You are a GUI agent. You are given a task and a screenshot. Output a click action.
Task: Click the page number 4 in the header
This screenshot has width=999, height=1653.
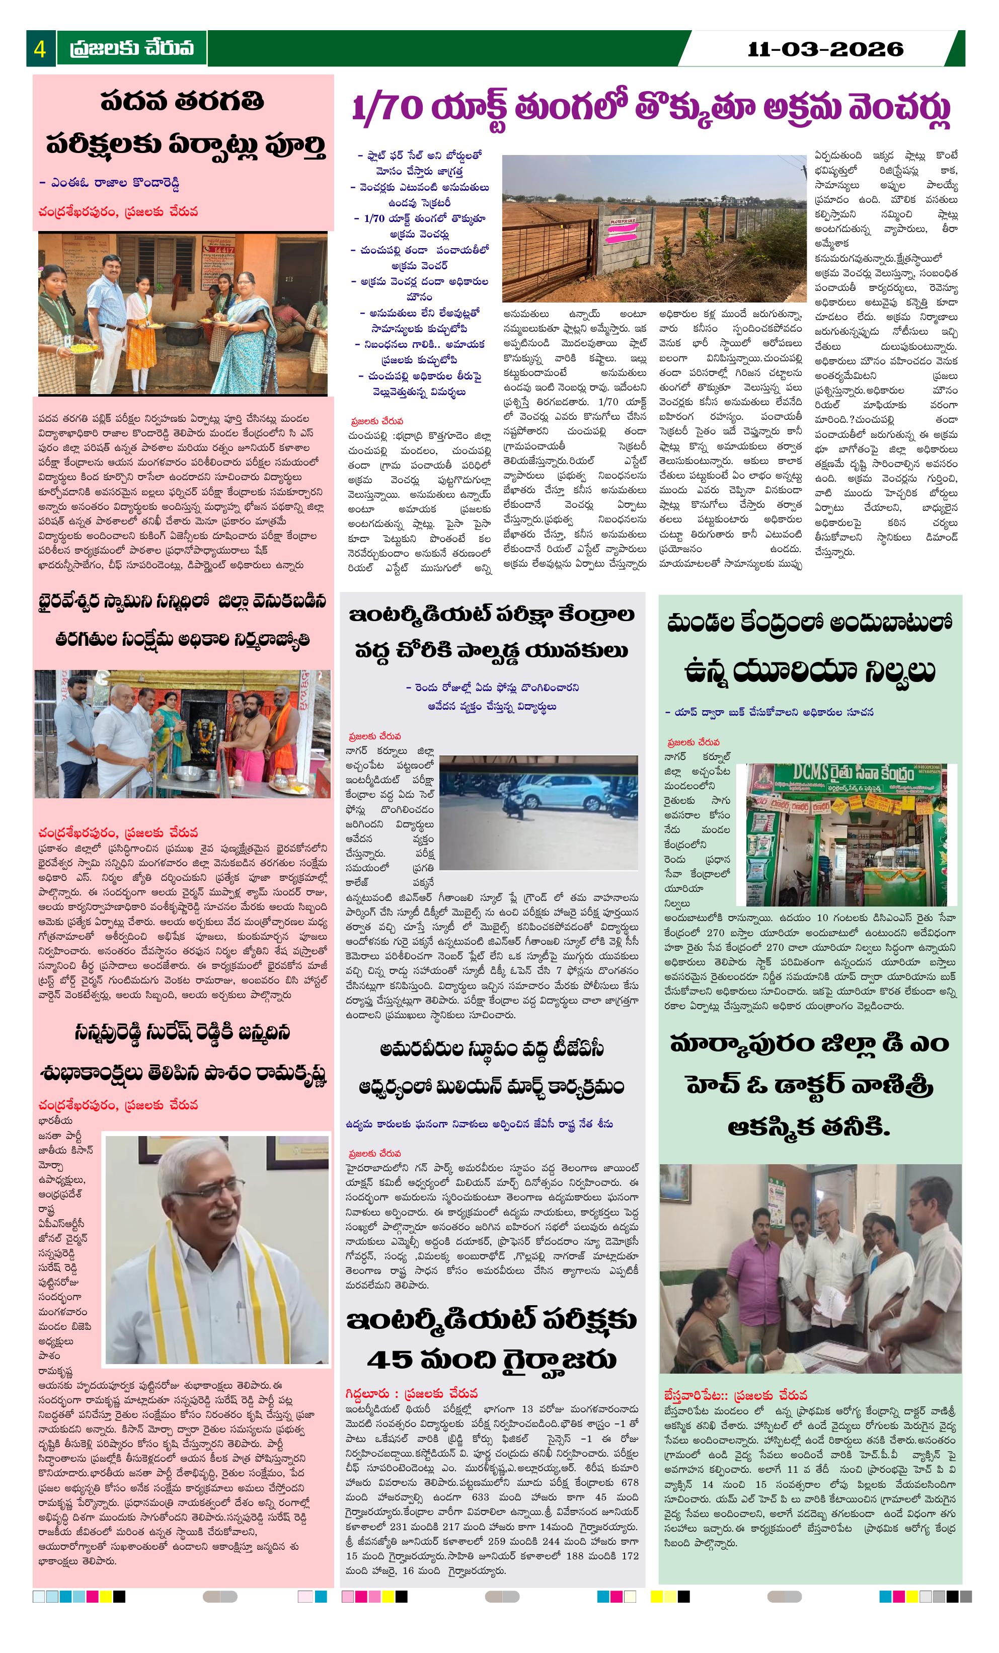click(40, 49)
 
